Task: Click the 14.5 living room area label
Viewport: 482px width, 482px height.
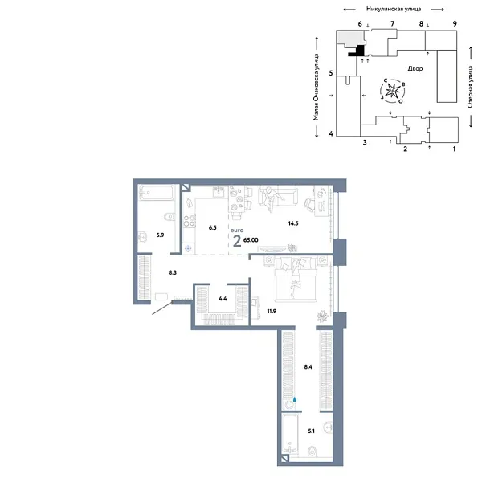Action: tap(293, 223)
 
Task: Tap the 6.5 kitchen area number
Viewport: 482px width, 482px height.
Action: tap(212, 228)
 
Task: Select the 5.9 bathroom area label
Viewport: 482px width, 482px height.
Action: tap(160, 235)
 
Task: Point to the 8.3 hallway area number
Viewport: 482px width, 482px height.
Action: tap(173, 272)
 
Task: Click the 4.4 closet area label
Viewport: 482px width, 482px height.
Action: tap(223, 299)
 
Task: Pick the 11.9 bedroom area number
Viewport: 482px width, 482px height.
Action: tap(272, 312)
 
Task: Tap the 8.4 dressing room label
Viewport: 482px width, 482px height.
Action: tap(308, 367)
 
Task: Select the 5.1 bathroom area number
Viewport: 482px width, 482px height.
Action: tap(312, 431)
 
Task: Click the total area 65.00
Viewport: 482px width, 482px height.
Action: tap(251, 240)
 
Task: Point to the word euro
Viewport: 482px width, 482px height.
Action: tap(237, 231)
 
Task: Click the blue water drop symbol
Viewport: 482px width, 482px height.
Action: tap(295, 399)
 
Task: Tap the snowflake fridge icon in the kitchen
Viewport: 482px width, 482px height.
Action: tap(188, 249)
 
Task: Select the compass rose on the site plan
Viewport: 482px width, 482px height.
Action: tap(393, 91)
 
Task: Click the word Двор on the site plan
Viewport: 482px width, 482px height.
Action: tap(415, 68)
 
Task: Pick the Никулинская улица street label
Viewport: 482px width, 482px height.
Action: tap(394, 9)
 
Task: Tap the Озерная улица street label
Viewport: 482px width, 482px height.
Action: tap(470, 87)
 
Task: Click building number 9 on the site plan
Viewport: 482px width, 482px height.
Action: tap(455, 23)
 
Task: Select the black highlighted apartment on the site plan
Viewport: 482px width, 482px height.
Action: tap(357, 51)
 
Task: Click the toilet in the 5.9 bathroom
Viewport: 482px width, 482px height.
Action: tap(170, 218)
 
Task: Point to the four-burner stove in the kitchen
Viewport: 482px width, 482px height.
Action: tap(190, 221)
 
